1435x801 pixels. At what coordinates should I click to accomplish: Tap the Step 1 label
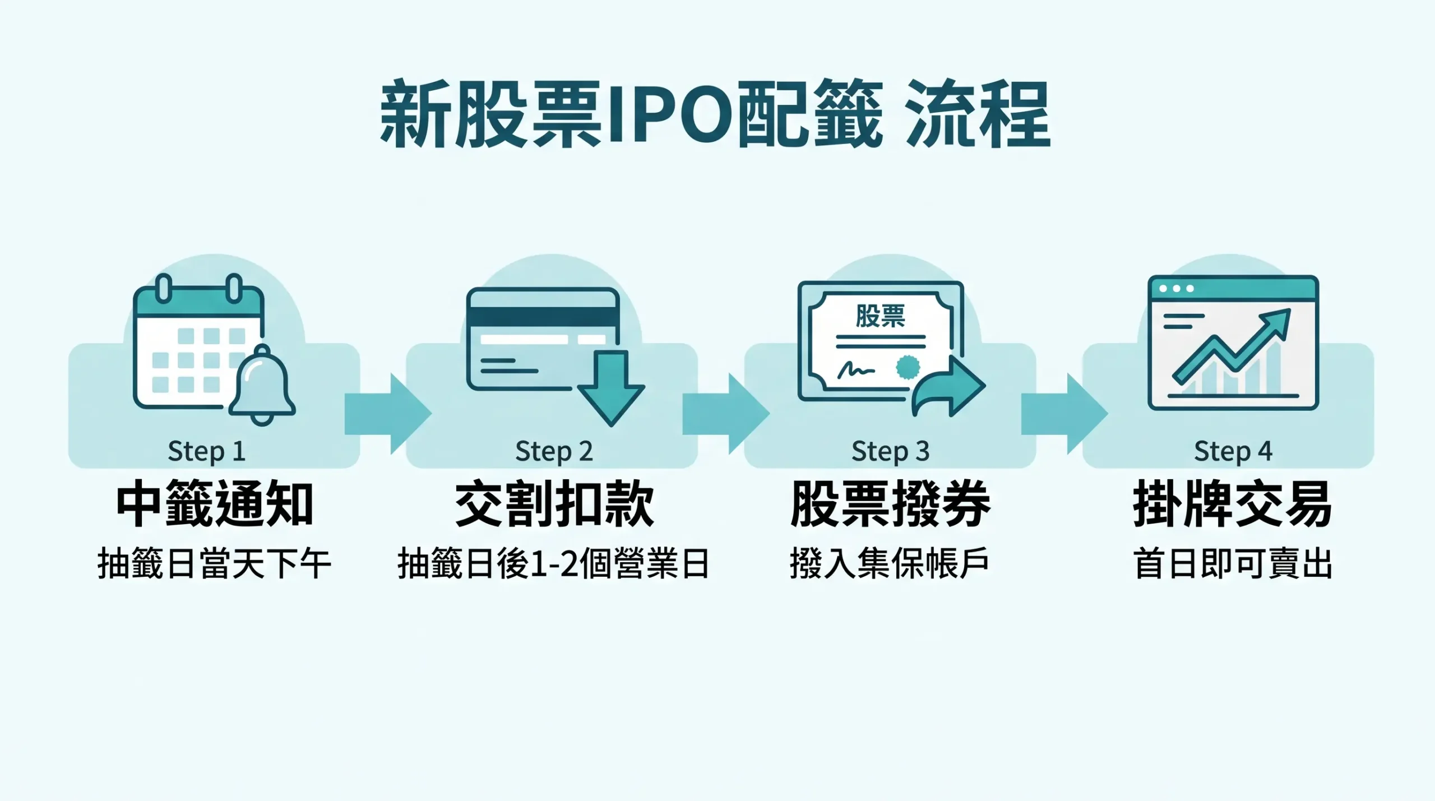[x=206, y=452]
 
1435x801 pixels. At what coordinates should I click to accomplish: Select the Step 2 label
[x=554, y=452]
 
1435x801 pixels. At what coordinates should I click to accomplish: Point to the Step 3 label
[x=890, y=452]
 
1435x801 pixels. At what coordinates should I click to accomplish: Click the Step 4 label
[x=1233, y=452]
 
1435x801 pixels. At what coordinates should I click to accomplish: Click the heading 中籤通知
[x=214, y=504]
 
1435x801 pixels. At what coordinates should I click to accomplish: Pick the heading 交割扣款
[x=554, y=504]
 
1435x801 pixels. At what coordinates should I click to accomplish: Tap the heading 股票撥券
[x=890, y=504]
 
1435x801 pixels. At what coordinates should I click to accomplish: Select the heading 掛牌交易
[x=1233, y=504]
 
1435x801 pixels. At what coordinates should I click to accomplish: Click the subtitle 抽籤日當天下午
[x=214, y=564]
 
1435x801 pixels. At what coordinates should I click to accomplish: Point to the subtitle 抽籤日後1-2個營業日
[x=554, y=564]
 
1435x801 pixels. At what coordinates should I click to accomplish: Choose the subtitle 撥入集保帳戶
[x=890, y=564]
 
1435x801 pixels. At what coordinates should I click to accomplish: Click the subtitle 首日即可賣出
[x=1233, y=564]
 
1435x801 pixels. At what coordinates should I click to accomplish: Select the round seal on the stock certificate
[x=908, y=368]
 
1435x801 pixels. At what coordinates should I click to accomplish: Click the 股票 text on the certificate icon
[x=880, y=316]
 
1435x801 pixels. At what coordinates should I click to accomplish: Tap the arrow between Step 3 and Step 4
[x=1064, y=414]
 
